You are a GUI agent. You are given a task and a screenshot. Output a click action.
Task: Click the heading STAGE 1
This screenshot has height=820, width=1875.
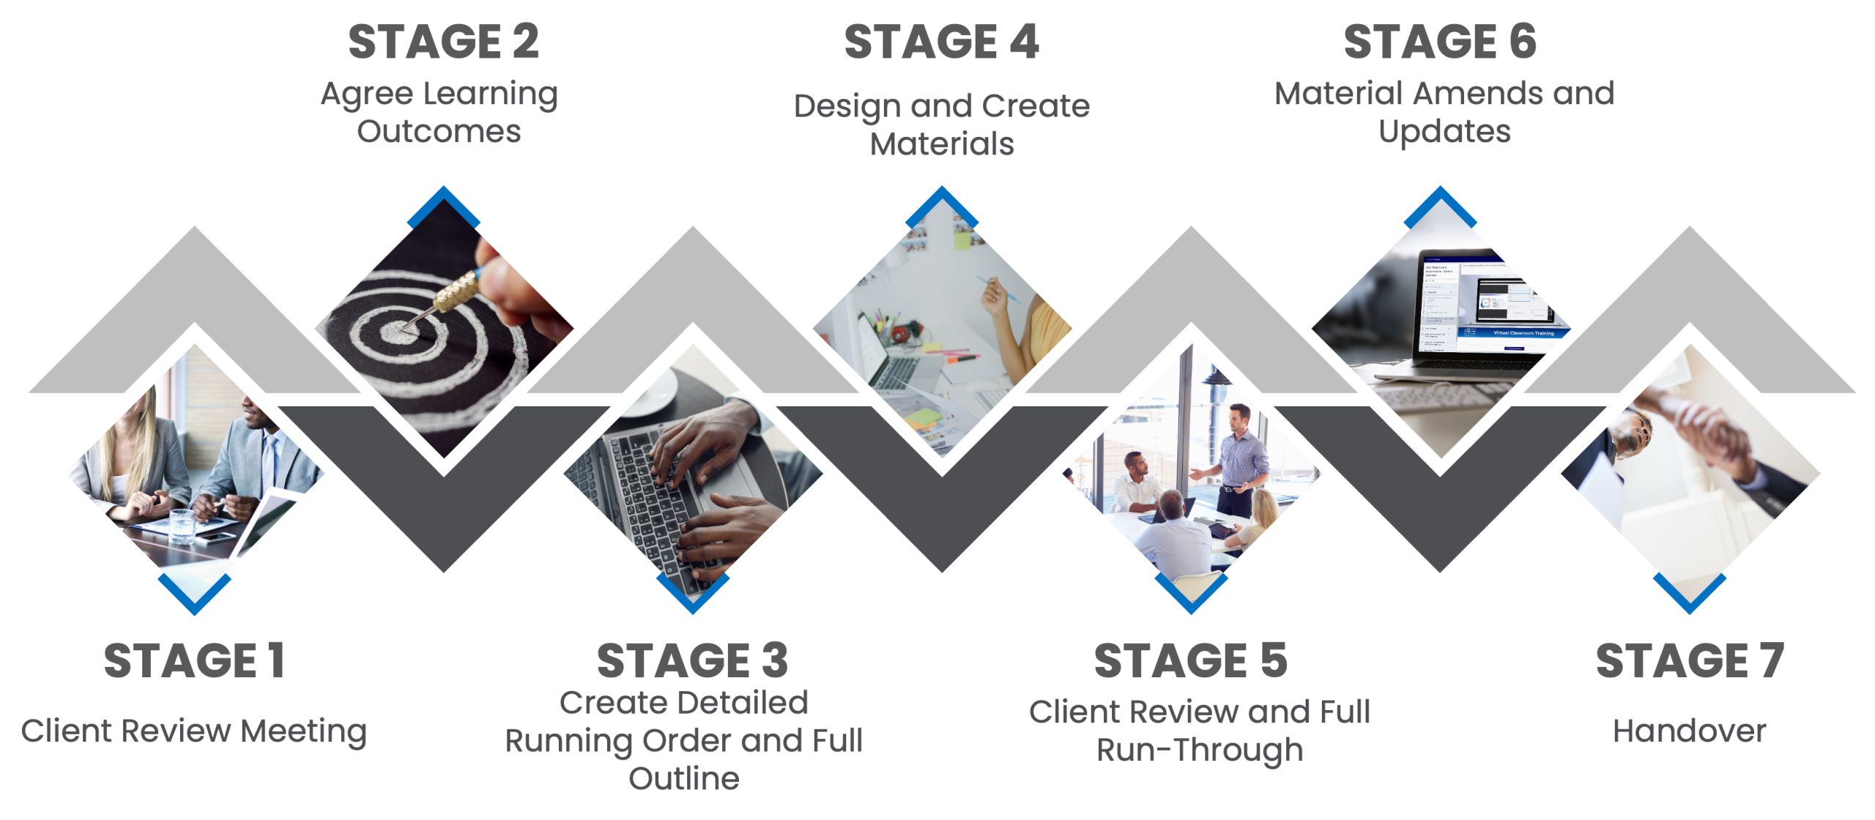coord(194,660)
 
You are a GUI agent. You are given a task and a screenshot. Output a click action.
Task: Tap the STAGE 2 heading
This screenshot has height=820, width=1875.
coord(443,42)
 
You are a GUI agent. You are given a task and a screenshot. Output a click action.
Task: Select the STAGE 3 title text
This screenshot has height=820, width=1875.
coord(692,660)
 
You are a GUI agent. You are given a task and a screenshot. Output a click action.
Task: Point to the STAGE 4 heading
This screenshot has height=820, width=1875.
coord(941,42)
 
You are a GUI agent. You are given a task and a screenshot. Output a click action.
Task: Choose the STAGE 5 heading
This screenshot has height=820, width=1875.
coord(1190,660)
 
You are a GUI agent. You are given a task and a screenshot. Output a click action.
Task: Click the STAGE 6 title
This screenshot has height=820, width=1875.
coord(1440,42)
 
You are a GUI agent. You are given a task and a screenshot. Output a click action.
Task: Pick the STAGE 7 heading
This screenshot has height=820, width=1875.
coord(1689,660)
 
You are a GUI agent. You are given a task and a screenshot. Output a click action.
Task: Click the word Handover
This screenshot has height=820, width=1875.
coord(1689,731)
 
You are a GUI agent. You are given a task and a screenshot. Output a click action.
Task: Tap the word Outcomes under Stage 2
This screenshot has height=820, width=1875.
coord(439,132)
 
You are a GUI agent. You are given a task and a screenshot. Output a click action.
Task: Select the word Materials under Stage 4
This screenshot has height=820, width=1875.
coord(941,144)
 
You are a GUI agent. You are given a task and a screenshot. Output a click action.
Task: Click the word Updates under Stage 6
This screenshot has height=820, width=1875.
coord(1444,132)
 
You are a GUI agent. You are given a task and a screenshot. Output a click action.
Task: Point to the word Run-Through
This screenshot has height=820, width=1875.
coord(1200,750)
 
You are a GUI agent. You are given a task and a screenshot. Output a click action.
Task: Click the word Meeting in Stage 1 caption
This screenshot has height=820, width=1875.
coord(304,731)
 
